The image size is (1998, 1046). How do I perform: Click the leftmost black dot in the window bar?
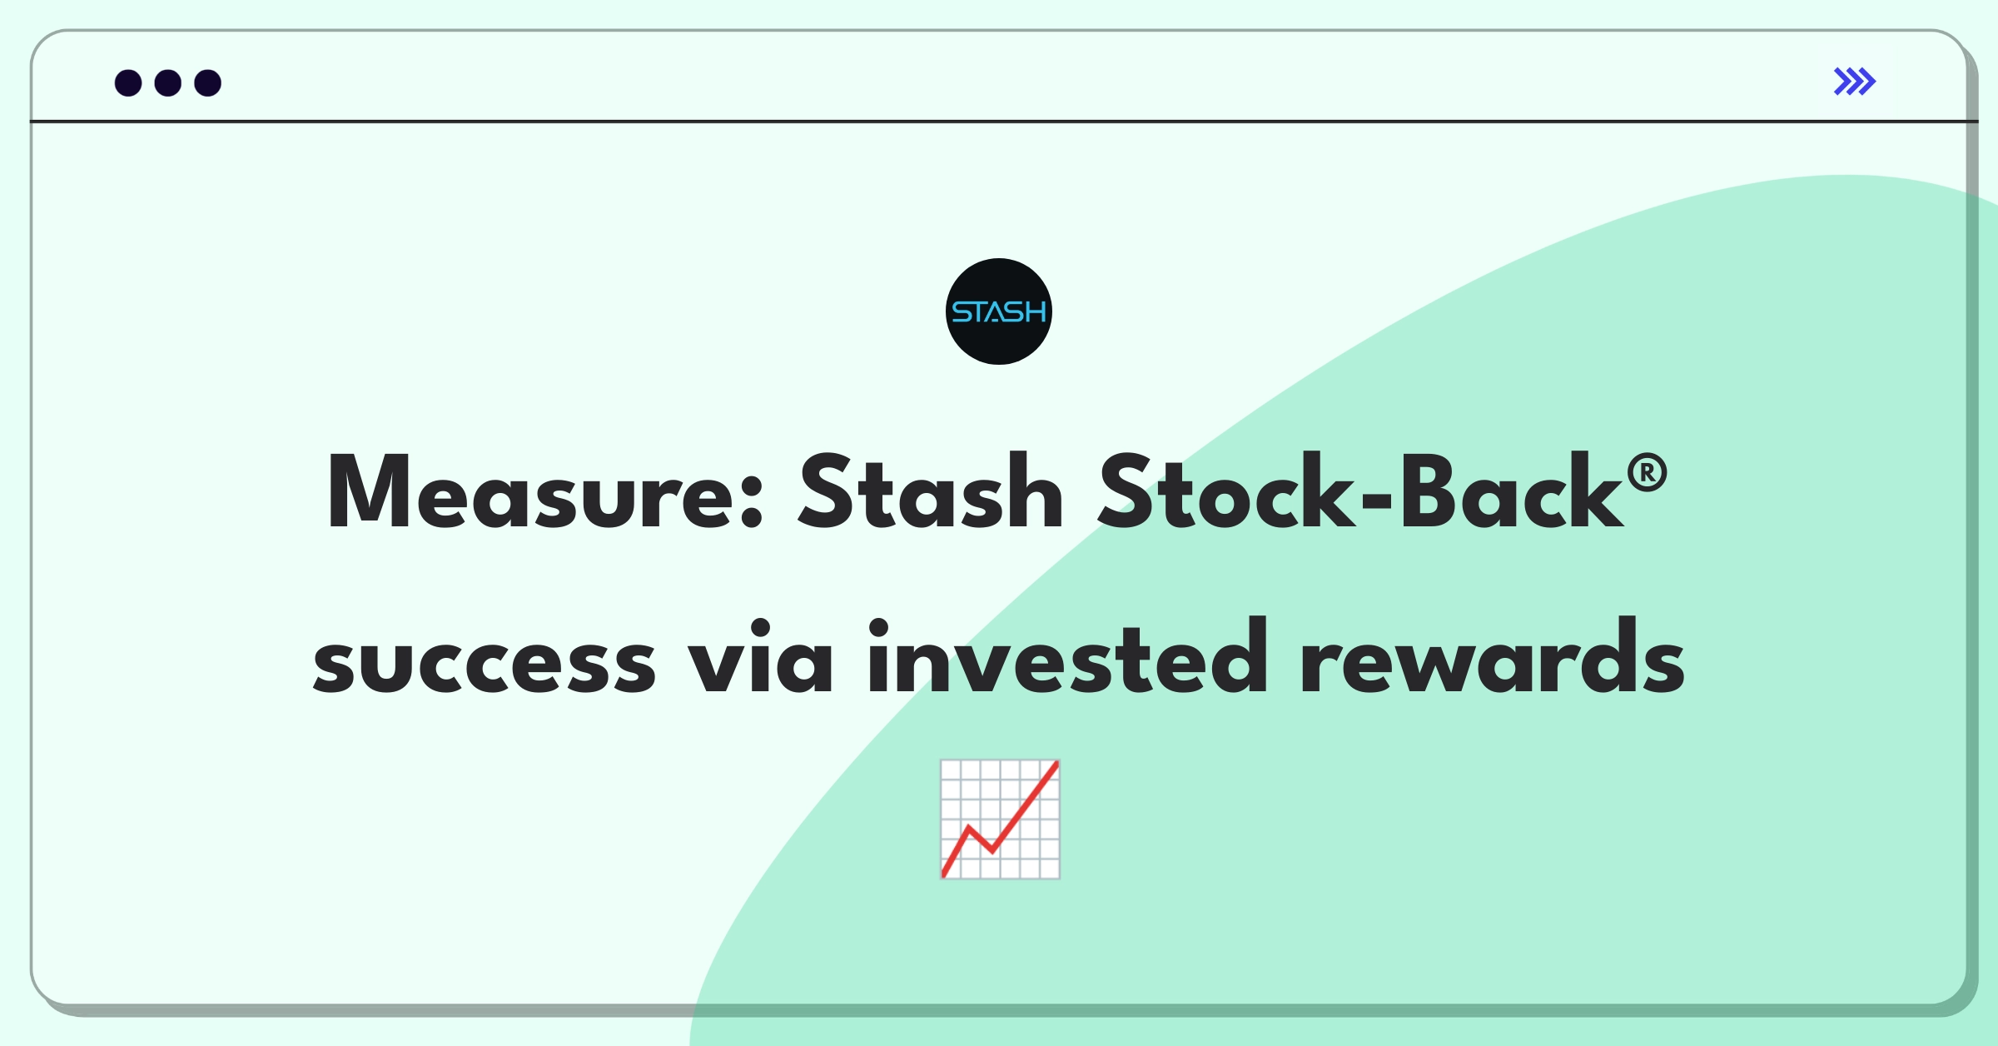(128, 83)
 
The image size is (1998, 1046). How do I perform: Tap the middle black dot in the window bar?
(168, 83)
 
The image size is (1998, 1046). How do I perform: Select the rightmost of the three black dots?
(208, 83)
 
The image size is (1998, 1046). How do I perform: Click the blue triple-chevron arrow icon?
(1855, 82)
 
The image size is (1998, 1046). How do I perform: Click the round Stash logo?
(999, 311)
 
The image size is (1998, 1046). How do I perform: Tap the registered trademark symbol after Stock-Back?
(1647, 474)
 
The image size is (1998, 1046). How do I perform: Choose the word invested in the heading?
(1067, 656)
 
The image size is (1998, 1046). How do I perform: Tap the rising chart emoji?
(1000, 819)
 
